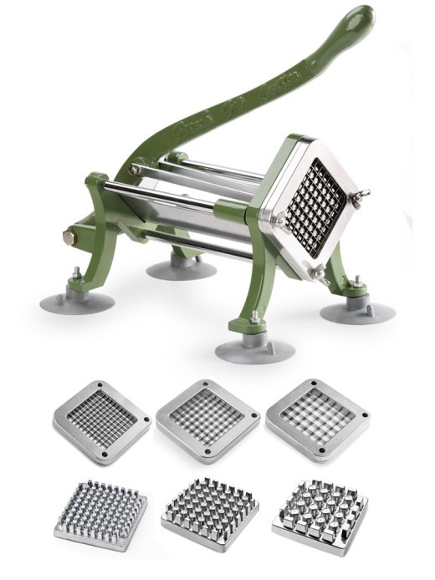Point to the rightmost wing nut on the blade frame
(x=361, y=197)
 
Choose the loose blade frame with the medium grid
(x=207, y=420)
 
